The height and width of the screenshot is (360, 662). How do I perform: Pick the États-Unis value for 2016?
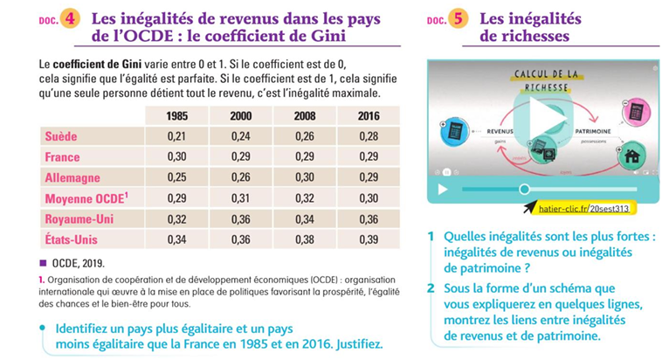point(369,240)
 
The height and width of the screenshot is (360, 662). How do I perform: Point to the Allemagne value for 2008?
point(304,178)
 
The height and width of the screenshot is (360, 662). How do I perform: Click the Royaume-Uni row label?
point(79,219)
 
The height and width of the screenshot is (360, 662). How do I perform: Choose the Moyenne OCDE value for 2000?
point(240,199)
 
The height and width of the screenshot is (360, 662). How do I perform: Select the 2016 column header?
point(369,116)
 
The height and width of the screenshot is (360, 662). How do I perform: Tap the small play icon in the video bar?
point(443,189)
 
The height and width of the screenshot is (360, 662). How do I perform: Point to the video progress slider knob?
point(524,189)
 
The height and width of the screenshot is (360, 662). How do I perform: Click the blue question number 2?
point(431,287)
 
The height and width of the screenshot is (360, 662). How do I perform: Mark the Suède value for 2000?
point(240,136)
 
